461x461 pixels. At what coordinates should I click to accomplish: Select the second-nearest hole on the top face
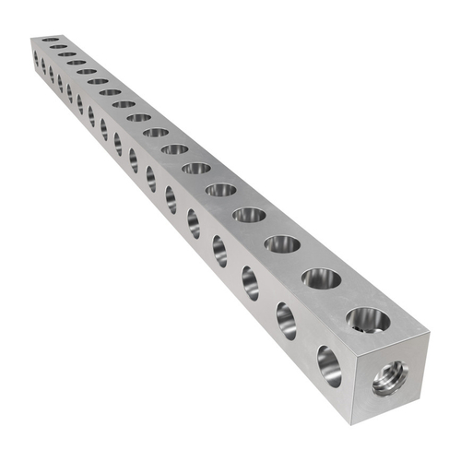pos(318,278)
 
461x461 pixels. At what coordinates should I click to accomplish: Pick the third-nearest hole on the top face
pos(281,244)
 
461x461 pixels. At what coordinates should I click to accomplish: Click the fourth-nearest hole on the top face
pos(249,215)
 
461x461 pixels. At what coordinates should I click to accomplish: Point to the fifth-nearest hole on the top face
pos(221,190)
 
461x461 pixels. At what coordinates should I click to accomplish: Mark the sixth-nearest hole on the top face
pos(196,168)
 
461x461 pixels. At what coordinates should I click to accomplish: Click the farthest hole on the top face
pos(51,40)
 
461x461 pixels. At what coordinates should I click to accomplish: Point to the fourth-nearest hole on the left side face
pos(220,249)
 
